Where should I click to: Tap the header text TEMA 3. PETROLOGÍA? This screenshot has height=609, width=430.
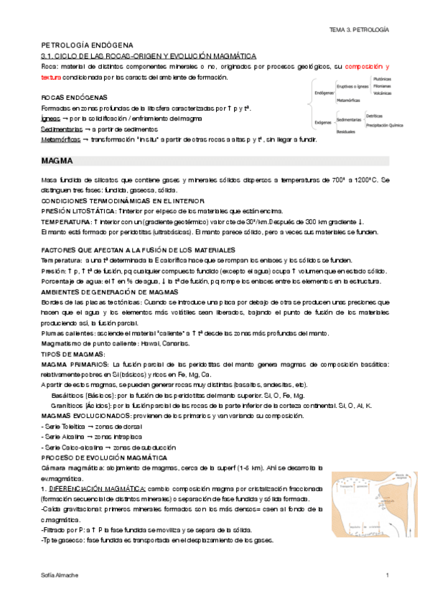(358, 30)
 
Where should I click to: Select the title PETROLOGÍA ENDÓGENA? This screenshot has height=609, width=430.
(93, 45)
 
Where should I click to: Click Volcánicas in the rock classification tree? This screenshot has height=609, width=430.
(382, 93)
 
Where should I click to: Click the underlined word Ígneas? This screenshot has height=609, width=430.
(51, 118)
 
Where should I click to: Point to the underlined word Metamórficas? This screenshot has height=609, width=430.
(61, 139)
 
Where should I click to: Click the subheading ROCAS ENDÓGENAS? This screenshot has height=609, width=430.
(75, 97)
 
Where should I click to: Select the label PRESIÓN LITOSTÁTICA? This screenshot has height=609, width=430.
(80, 211)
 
